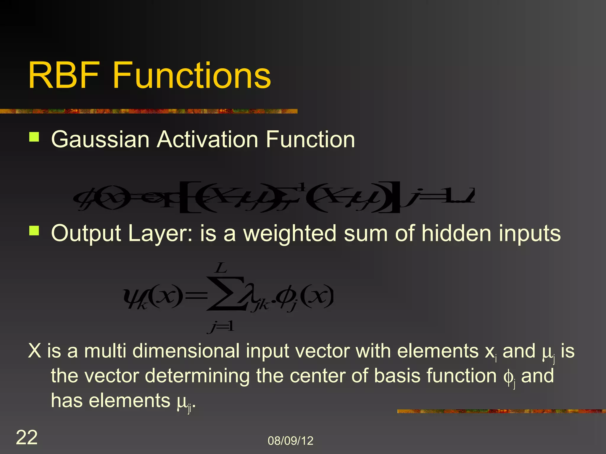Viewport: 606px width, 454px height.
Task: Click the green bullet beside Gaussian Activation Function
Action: (x=34, y=137)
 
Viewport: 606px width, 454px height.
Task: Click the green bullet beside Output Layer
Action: (x=34, y=231)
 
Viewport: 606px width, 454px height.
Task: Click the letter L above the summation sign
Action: (x=221, y=268)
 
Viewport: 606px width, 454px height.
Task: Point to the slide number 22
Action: (x=27, y=437)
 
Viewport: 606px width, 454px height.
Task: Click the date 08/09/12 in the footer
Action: (x=290, y=441)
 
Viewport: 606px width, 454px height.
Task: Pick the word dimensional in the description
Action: (x=186, y=351)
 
